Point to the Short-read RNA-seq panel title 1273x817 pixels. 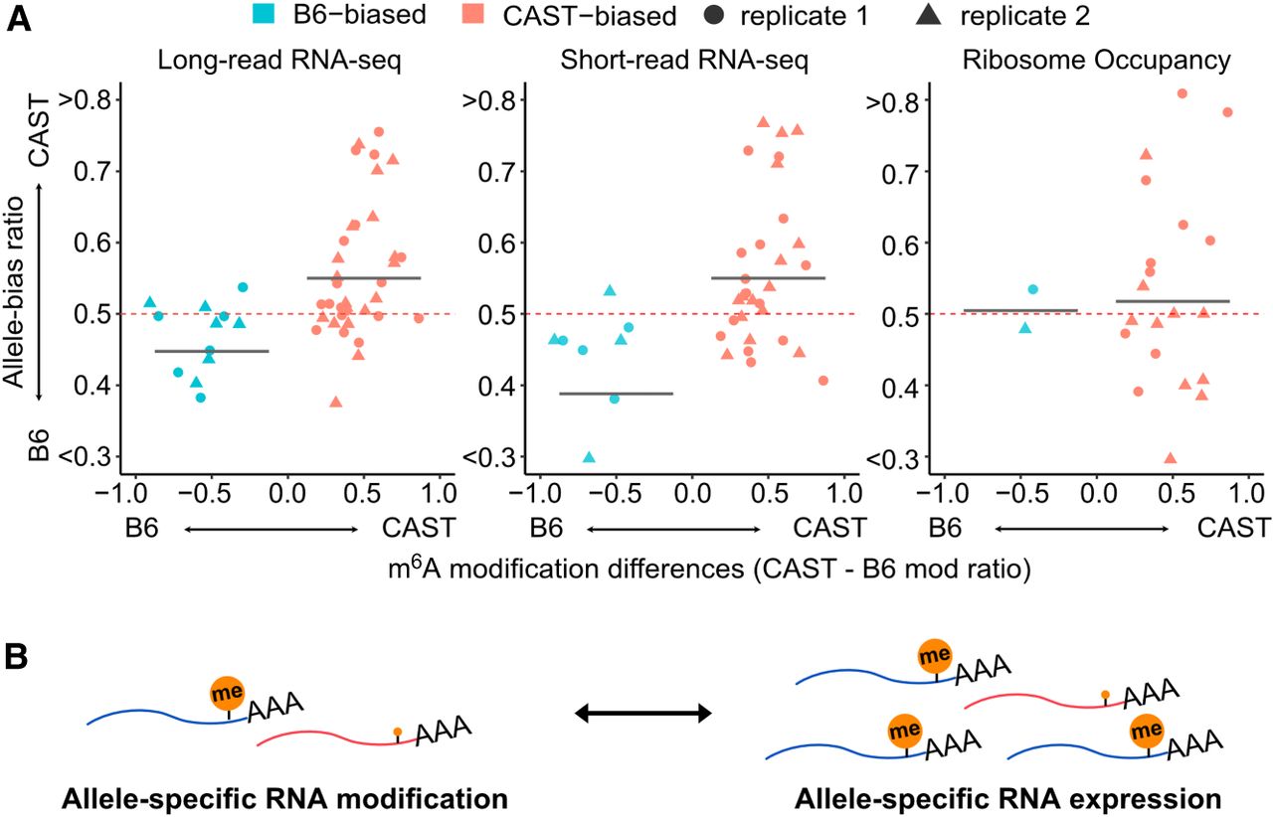click(683, 59)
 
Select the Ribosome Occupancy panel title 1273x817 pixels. click(1097, 59)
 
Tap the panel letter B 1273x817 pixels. click(17, 658)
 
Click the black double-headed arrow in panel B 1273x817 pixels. click(644, 713)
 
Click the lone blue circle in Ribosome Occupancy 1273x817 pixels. click(1032, 289)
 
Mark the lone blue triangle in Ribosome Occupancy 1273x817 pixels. click(1025, 327)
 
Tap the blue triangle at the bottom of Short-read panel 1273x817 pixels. click(589, 457)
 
